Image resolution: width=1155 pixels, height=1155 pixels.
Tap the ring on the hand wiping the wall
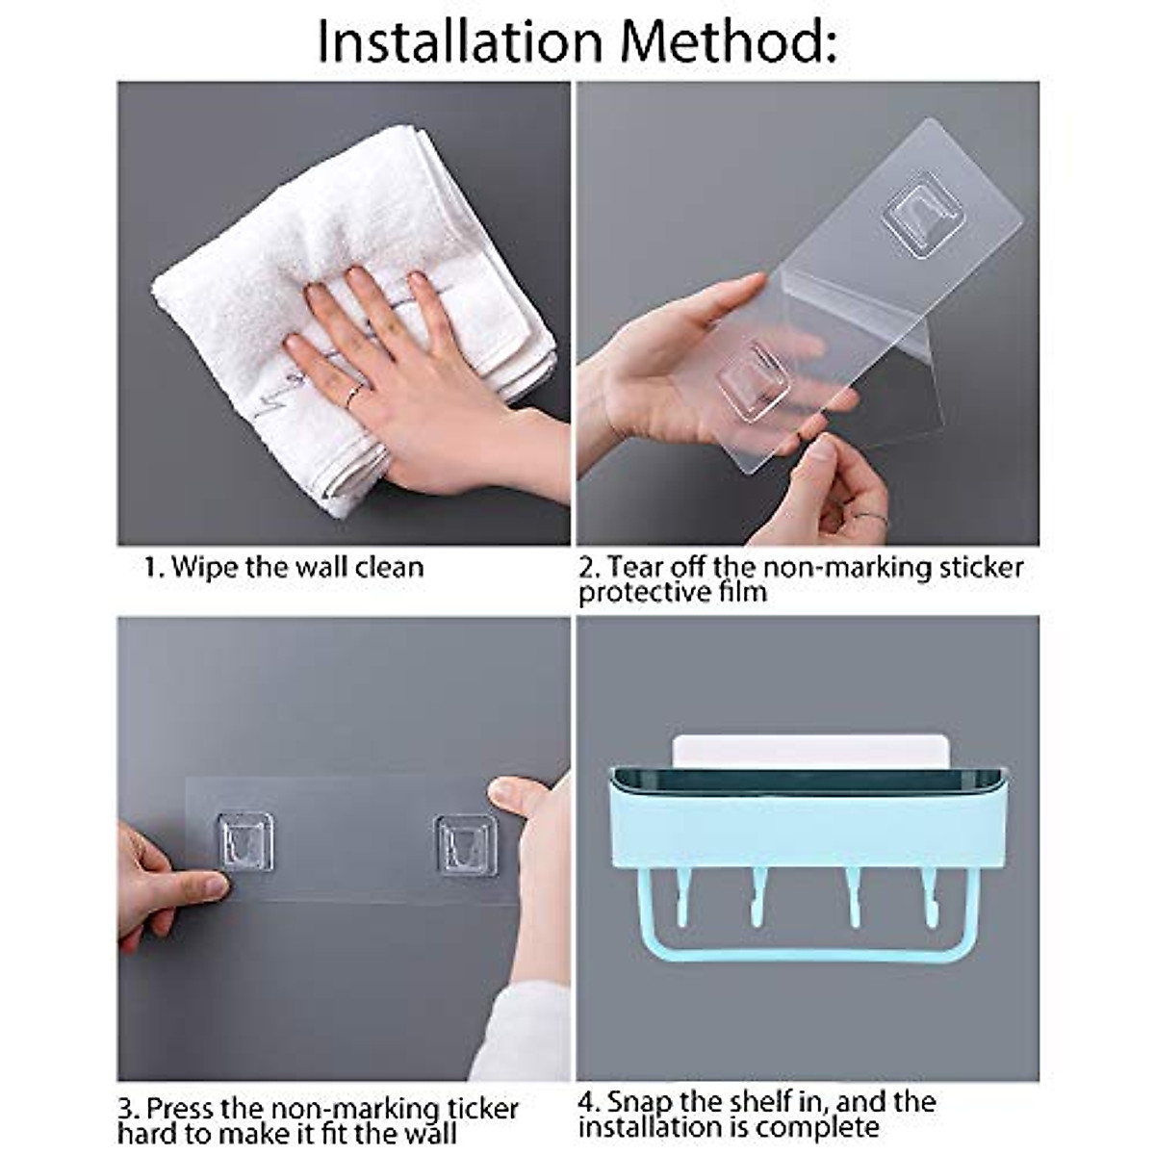[x=355, y=392]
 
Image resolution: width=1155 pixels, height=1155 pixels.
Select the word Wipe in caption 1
[x=205, y=566]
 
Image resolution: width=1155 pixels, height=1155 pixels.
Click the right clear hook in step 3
[x=466, y=845]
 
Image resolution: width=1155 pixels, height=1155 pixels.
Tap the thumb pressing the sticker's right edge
[x=516, y=796]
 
